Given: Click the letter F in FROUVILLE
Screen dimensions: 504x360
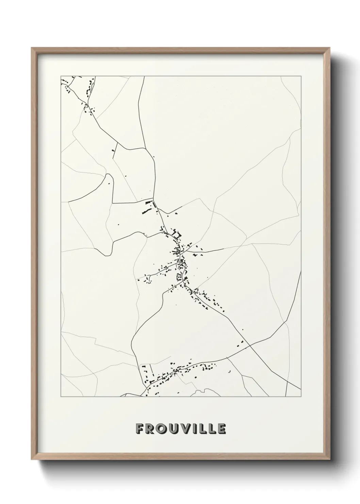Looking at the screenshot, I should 140,429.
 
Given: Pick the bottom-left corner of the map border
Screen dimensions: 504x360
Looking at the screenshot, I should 61,397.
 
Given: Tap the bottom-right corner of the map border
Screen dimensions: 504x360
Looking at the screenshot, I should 301,397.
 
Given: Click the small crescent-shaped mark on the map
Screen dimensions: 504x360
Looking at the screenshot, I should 229,371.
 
